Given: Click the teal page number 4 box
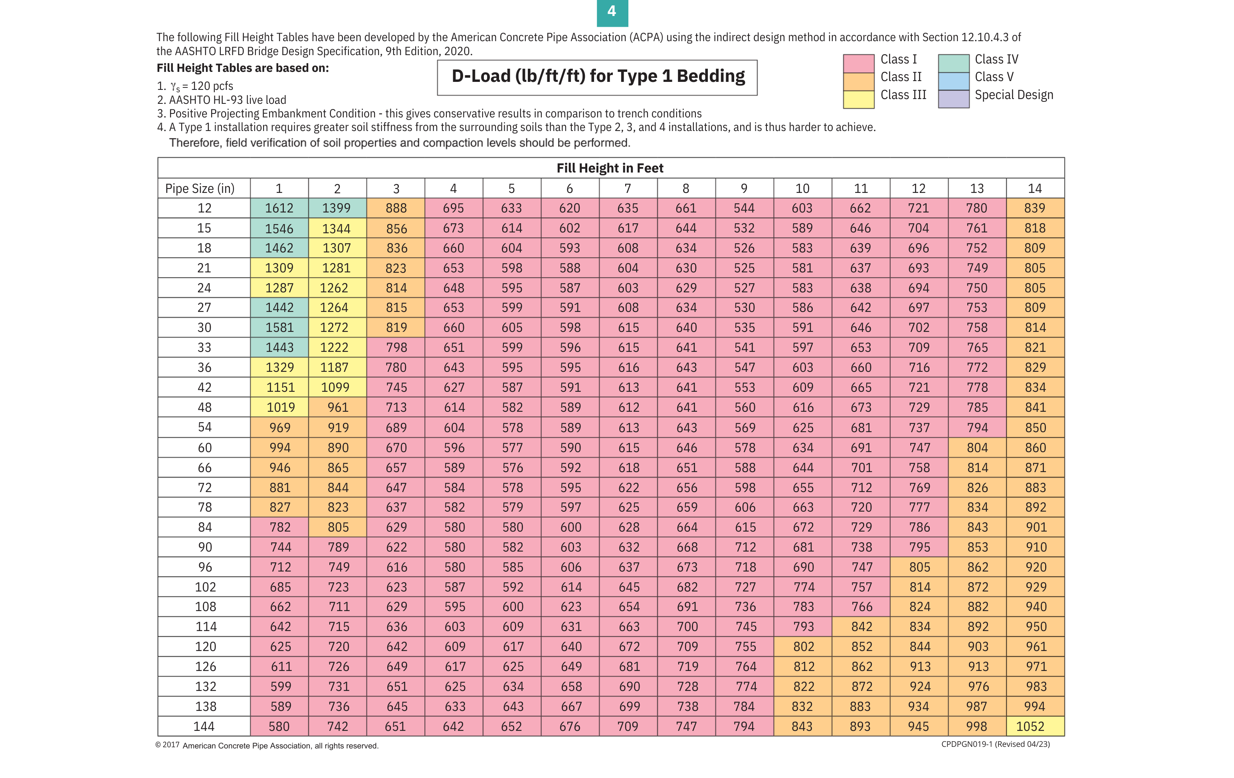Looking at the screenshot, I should [x=612, y=12].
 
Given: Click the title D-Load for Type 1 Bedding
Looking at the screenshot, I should [x=598, y=77].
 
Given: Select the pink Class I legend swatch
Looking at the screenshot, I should [x=858, y=63].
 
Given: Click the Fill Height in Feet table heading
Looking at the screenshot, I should [x=610, y=168].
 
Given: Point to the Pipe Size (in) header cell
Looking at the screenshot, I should [x=200, y=189].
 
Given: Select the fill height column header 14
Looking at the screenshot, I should [x=1035, y=189].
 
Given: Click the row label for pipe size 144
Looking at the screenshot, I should [x=204, y=726].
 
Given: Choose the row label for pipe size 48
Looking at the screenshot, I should [x=204, y=407].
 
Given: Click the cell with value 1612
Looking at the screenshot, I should [x=279, y=208].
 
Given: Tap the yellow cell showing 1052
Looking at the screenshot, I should [x=1030, y=726].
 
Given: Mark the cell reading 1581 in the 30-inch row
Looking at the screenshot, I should [x=279, y=327].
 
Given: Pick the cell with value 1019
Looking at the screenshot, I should [x=280, y=407].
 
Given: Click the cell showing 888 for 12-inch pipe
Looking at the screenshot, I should [x=396, y=208].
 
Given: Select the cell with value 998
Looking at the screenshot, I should [x=977, y=726].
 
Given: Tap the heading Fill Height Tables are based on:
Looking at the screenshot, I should [x=242, y=68].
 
